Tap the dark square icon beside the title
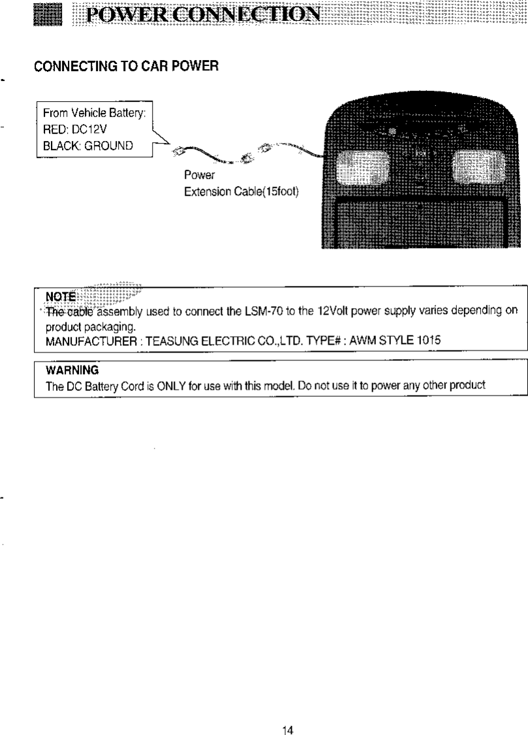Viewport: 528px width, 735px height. click(x=50, y=14)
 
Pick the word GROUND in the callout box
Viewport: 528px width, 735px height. click(x=111, y=145)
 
